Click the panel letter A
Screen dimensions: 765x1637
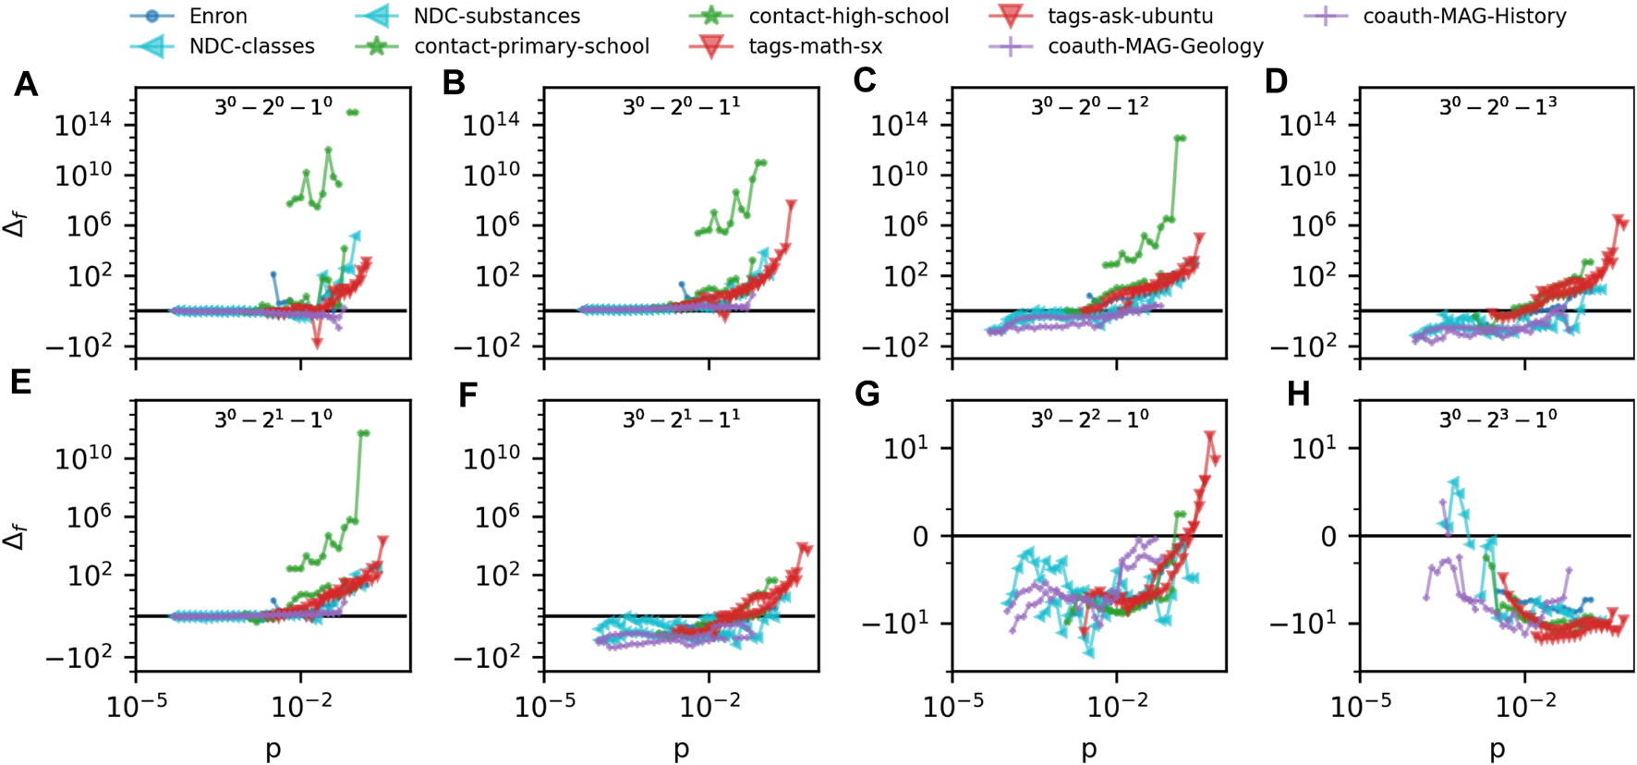pyautogui.click(x=26, y=85)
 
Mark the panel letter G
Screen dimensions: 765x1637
pyautogui.click(x=867, y=395)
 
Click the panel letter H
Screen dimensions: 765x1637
pyautogui.click(x=1298, y=395)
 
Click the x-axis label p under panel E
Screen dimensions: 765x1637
pyautogui.click(x=273, y=748)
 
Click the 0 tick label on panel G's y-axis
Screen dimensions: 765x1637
pyautogui.click(x=920, y=537)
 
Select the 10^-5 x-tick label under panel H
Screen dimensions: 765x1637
pyautogui.click(x=1360, y=707)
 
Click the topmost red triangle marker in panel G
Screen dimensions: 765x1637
pyautogui.click(x=1210, y=436)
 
